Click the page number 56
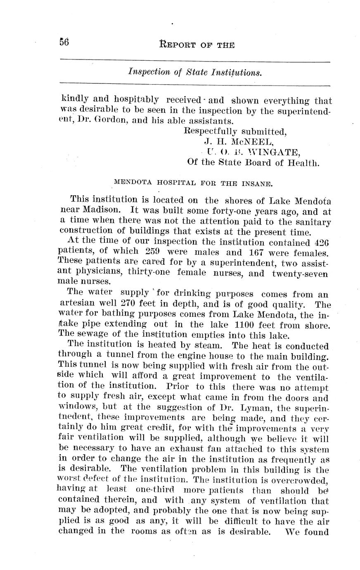pyautogui.click(x=64, y=42)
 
